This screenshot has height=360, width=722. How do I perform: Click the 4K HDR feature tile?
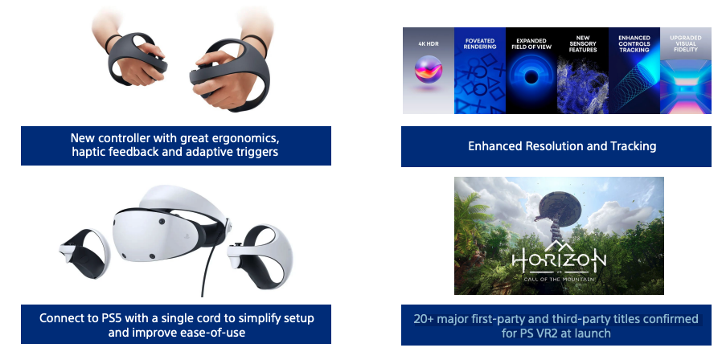click(x=429, y=71)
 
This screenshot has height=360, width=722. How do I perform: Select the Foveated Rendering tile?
click(x=480, y=71)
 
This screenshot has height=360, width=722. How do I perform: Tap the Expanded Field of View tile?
click(x=531, y=71)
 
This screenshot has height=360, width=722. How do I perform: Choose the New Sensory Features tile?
click(x=583, y=71)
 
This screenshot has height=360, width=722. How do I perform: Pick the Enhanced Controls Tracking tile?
click(x=634, y=71)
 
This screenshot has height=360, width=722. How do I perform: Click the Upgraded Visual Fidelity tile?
click(x=686, y=71)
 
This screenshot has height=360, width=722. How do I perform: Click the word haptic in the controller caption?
click(x=91, y=152)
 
